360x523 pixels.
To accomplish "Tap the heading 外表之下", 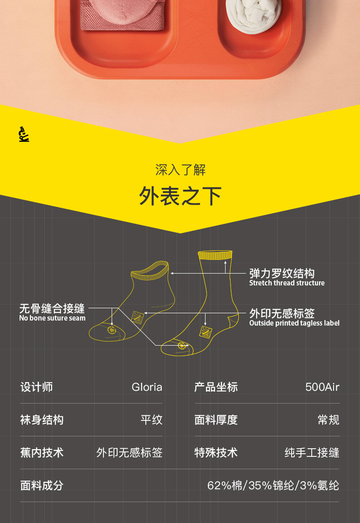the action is (x=180, y=196).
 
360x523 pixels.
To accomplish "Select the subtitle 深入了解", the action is (x=180, y=171).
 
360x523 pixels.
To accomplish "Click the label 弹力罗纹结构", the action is (x=282, y=274).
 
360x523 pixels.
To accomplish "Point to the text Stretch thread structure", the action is (x=287, y=283).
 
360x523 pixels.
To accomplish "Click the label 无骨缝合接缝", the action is (x=52, y=308).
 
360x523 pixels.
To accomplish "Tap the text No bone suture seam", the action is (x=52, y=318).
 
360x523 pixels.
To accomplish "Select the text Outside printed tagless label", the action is (x=294, y=323).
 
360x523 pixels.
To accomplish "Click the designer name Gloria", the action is (x=147, y=387).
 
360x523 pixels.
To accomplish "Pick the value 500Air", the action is (x=322, y=387).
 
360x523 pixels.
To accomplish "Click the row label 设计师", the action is (x=36, y=387).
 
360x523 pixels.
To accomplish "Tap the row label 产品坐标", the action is (x=216, y=387).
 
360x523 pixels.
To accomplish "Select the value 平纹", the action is (x=151, y=420).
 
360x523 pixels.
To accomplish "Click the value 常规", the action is (x=328, y=420).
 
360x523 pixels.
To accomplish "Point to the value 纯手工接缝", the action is (x=312, y=453).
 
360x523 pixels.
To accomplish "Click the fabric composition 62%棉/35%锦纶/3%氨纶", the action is (x=273, y=486).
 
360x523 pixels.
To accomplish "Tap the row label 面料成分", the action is (x=41, y=486).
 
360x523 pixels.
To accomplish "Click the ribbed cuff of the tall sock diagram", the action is (x=215, y=255).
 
